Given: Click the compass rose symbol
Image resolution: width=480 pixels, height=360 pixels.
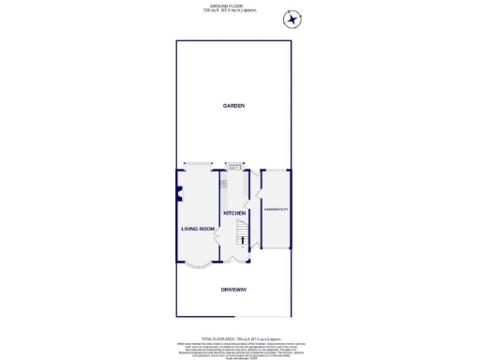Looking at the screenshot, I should click(292, 19).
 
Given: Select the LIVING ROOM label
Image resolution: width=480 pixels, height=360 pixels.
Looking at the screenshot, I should click(198, 229).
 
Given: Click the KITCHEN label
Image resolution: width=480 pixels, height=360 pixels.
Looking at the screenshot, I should click(233, 214).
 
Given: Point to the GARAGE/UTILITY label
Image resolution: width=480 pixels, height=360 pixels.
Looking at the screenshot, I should click(275, 209).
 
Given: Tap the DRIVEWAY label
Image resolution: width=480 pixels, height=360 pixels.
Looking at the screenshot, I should click(233, 290).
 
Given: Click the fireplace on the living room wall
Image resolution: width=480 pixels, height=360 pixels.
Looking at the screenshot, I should click(178, 195).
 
